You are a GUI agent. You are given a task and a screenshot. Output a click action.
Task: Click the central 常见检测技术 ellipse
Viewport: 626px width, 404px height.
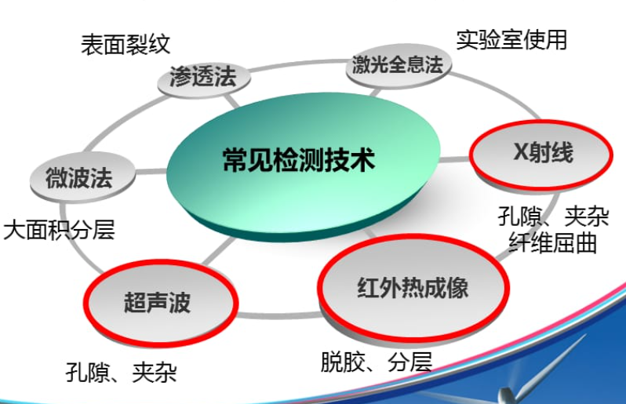point(303,166)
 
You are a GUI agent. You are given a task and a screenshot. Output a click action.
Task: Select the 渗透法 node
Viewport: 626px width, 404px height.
point(204,78)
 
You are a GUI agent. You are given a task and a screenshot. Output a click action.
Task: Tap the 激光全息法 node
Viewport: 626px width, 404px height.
point(399,66)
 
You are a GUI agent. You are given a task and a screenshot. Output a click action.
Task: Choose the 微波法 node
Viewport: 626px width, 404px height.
point(82,177)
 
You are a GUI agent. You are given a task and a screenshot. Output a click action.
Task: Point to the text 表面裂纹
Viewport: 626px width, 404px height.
point(126,44)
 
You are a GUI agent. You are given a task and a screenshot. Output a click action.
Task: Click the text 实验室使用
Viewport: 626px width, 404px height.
point(511,39)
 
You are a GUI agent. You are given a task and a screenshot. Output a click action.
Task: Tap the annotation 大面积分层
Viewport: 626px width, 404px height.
point(59,230)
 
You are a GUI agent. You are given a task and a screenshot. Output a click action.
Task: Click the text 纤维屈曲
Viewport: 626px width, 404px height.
point(553,242)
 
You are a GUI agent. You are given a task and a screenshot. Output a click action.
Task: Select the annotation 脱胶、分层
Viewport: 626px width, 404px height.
point(377,362)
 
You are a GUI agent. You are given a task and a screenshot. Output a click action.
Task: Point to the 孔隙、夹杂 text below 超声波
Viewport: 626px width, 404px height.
point(121,372)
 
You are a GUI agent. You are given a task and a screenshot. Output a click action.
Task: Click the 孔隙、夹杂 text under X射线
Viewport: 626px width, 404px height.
point(553,217)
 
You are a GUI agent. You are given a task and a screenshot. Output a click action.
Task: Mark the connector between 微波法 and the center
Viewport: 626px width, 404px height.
point(151,172)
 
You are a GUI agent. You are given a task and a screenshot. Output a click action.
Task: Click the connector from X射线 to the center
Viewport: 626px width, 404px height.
point(454,160)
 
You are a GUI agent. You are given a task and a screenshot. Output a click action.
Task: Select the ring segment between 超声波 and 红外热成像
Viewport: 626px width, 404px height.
point(278,315)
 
